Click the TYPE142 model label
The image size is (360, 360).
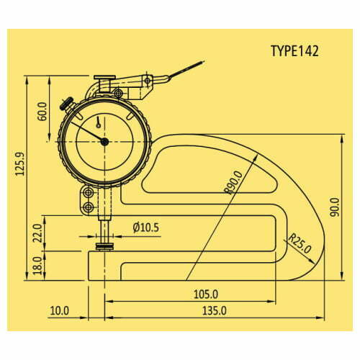(x=294, y=51)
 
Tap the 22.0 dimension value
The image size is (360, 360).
(x=37, y=233)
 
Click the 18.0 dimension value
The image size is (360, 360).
(x=37, y=264)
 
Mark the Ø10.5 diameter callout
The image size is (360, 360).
(x=146, y=228)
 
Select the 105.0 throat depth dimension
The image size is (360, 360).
(x=204, y=294)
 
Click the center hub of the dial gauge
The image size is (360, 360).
(x=105, y=142)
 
